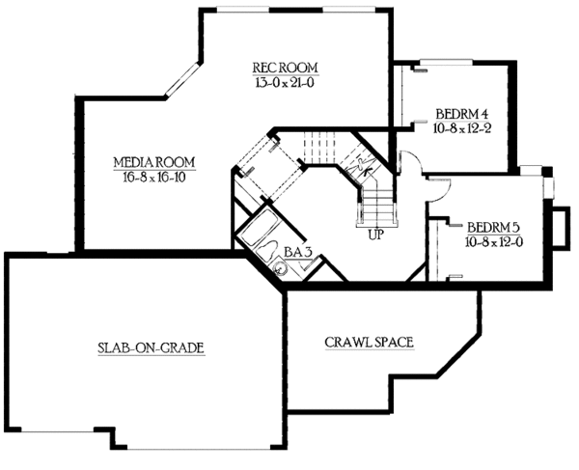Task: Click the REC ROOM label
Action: click(x=286, y=67)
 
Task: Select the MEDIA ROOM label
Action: click(x=154, y=160)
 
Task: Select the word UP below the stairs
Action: click(x=373, y=232)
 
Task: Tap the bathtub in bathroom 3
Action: click(x=258, y=236)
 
